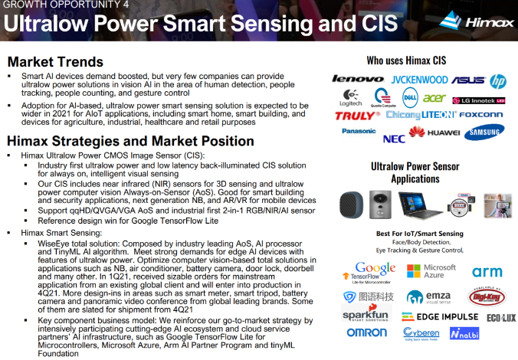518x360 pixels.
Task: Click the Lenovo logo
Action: (358, 79)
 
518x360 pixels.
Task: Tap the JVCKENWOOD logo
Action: (419, 80)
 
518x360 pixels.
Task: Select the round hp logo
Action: (498, 80)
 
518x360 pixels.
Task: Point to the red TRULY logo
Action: (357, 116)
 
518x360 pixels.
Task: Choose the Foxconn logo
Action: (482, 115)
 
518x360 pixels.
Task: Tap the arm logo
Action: (487, 272)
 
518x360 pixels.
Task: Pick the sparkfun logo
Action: (366, 315)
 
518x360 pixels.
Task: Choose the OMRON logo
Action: (366, 333)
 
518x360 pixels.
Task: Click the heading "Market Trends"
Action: (54, 62)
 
